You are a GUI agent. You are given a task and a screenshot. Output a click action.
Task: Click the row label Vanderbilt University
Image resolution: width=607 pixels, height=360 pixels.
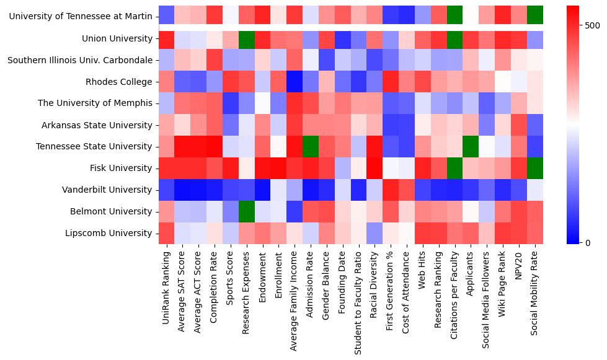[x=109, y=190]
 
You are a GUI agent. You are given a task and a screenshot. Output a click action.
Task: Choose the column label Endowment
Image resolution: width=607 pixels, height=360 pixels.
[x=263, y=273]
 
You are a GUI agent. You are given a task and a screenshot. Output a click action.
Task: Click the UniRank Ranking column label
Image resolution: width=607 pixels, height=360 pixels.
[x=166, y=286]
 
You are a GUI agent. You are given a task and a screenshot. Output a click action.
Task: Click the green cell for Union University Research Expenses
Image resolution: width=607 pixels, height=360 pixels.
[x=247, y=38]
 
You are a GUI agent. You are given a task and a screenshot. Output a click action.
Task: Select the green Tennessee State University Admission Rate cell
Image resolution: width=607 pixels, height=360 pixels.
[x=311, y=146]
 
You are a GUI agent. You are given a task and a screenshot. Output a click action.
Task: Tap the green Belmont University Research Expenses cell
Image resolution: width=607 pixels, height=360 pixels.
[x=247, y=211]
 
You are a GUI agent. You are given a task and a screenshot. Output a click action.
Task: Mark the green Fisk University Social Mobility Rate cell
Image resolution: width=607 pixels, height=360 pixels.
[x=535, y=168]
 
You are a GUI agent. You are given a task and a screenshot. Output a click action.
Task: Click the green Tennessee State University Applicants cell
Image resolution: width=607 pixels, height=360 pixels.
[x=471, y=146]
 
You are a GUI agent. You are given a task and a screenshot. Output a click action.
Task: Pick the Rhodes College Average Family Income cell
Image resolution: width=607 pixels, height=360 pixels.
[x=295, y=82]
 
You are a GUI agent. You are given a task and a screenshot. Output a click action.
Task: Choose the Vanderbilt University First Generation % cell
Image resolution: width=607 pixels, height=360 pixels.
[x=391, y=190]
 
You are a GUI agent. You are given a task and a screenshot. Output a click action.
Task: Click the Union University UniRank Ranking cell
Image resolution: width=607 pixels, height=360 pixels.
[x=166, y=38]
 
